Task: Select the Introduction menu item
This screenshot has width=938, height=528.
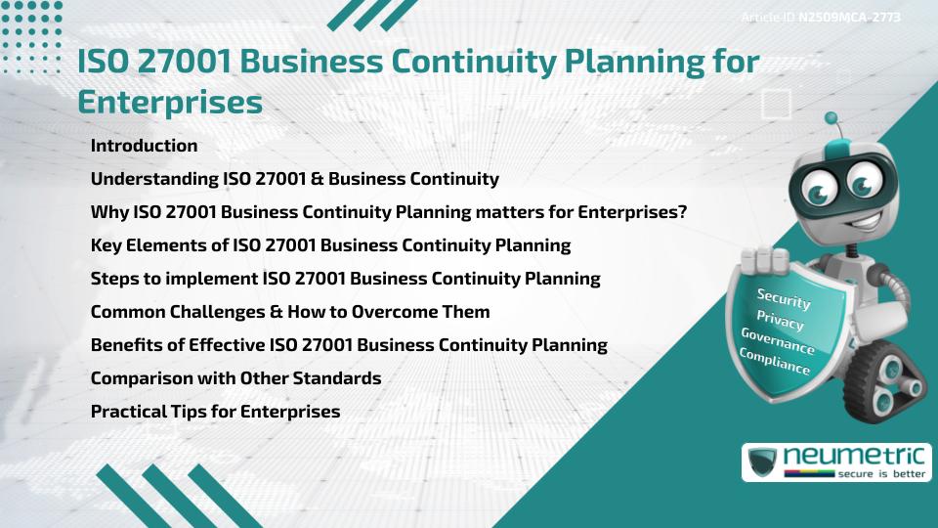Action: (144, 146)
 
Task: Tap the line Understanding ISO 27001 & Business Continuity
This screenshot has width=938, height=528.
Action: (294, 179)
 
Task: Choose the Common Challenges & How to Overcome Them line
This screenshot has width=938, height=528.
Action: (290, 312)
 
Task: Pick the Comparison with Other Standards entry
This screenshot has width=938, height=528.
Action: (235, 378)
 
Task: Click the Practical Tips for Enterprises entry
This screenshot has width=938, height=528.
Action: (215, 412)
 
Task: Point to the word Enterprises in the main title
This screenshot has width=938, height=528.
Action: (170, 102)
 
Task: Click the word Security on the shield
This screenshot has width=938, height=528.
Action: (784, 297)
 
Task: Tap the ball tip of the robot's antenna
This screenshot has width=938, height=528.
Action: (831, 119)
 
